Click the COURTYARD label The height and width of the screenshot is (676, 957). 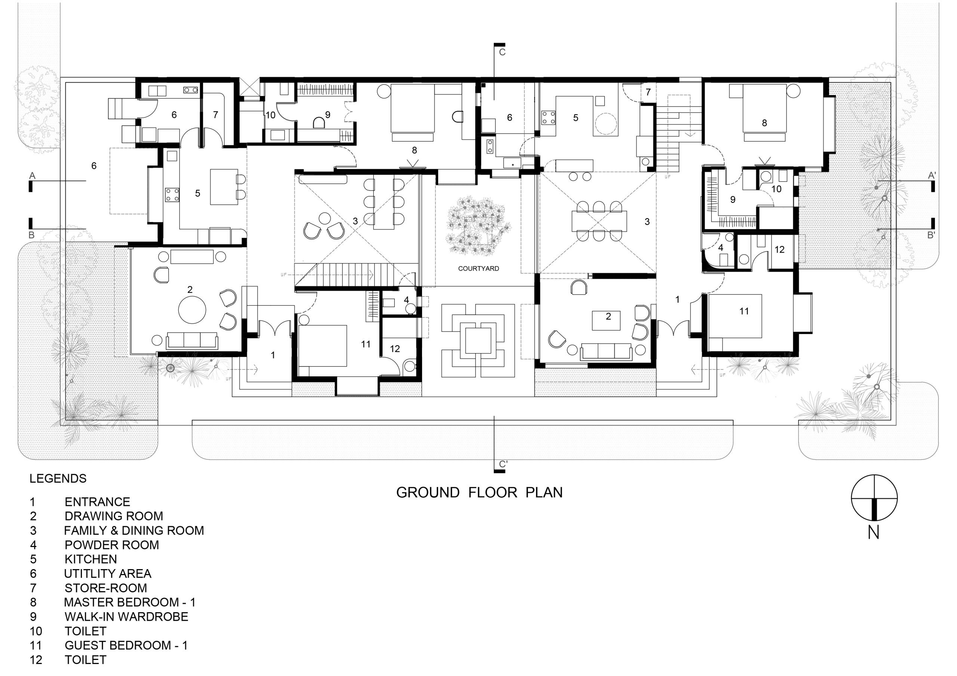[478, 268]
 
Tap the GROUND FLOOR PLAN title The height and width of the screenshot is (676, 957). [479, 492]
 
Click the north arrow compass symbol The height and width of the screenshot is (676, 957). [874, 498]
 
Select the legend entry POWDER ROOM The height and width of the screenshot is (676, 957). [112, 545]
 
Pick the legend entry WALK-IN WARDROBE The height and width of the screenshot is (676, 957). [126, 617]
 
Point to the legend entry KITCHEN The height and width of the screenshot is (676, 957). [91, 559]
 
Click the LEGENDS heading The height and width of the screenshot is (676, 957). [58, 478]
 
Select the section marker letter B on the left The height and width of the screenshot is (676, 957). [32, 235]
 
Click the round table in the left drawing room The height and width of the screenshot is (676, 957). [192, 310]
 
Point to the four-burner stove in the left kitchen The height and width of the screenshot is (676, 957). [173, 195]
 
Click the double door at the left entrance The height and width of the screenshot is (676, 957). [275, 328]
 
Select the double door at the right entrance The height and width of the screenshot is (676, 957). [673, 328]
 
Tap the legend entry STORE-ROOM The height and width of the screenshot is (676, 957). [106, 588]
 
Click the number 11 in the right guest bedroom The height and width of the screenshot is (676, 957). [744, 311]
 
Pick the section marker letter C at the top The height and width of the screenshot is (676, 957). [502, 52]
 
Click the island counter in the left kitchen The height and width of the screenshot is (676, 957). [224, 187]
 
